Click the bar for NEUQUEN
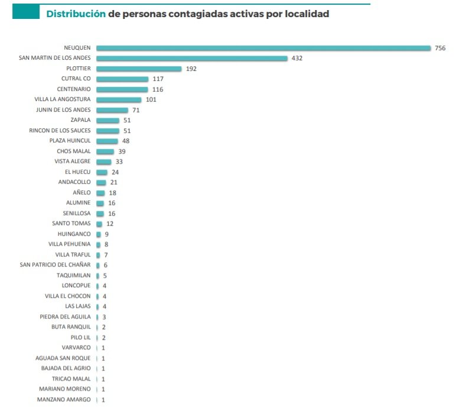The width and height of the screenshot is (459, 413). point(263,48)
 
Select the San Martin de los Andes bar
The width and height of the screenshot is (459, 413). point(191,58)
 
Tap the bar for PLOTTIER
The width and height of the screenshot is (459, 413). point(139,69)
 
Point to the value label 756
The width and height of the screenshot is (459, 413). point(440,48)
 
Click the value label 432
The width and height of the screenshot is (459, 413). point(297,58)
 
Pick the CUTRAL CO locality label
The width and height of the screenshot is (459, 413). point(76,79)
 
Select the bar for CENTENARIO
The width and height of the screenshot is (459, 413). point(122,89)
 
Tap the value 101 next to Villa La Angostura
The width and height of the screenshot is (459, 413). point(151,99)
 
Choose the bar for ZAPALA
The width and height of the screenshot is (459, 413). point(108,120)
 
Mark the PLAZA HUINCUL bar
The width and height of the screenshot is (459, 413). point(107,141)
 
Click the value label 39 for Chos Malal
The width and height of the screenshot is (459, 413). point(122,151)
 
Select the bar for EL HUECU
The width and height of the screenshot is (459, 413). point(102,172)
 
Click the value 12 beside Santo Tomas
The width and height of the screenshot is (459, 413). point(110,223)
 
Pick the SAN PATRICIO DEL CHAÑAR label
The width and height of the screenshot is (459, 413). point(55,265)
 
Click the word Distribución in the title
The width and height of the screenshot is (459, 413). point(76,13)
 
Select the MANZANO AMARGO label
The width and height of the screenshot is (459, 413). point(65,399)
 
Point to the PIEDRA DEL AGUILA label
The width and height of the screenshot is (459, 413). point(65,317)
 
